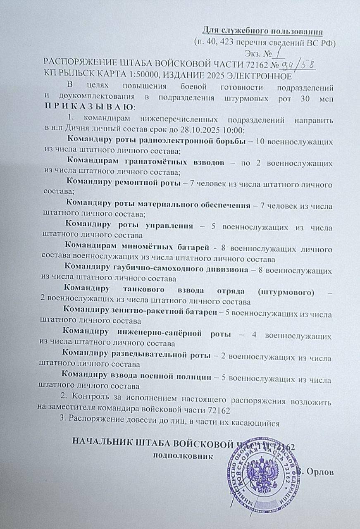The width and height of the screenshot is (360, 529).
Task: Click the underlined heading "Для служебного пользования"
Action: click(262, 31)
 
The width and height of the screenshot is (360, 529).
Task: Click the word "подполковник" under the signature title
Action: click(184, 456)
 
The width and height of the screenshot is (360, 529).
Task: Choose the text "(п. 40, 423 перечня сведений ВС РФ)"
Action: click(264, 42)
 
